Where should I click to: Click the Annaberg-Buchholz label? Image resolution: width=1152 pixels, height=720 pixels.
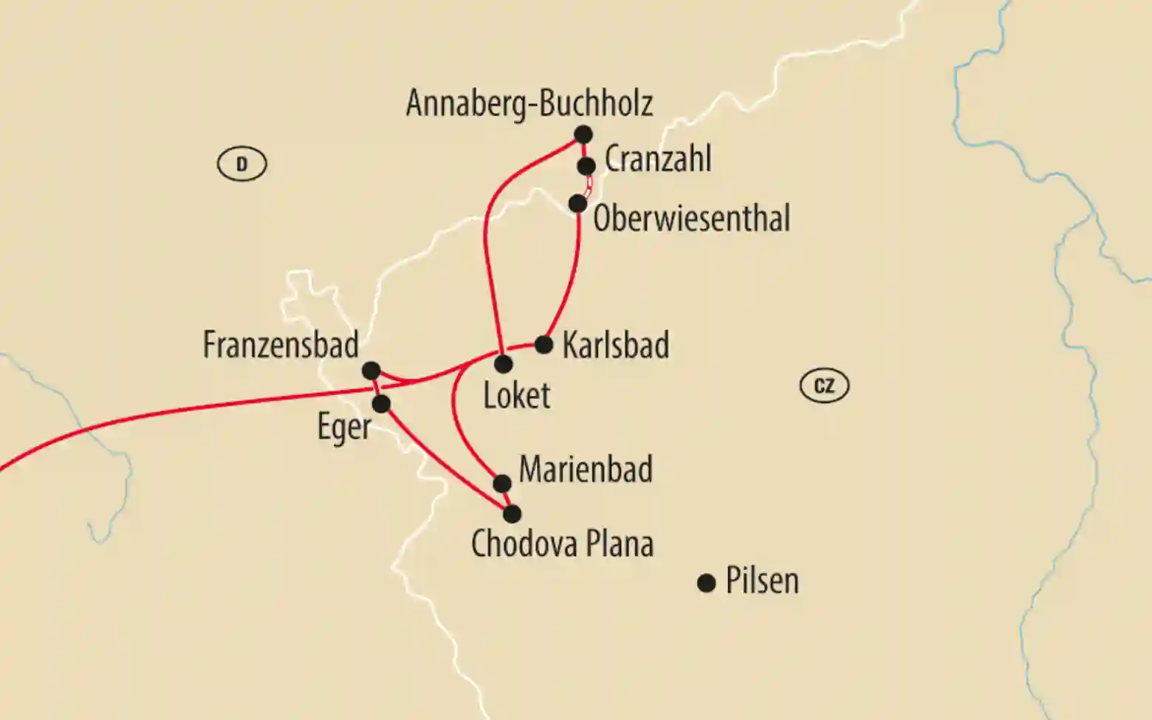coord(529,103)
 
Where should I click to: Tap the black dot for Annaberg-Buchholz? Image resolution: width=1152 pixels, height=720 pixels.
coord(583,134)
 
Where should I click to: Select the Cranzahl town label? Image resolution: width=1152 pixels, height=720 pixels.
coord(657,160)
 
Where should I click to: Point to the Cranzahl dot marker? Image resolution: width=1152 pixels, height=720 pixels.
coord(586,166)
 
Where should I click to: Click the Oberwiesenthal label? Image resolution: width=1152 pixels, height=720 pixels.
coord(691,219)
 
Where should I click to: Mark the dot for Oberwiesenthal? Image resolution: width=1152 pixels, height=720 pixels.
coord(578,203)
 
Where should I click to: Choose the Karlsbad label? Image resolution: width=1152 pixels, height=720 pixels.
coord(615,346)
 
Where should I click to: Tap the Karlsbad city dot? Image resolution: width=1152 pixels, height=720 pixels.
coord(544,345)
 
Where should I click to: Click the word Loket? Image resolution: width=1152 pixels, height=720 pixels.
coord(516,396)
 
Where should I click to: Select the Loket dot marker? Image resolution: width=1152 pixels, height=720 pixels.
coord(504,364)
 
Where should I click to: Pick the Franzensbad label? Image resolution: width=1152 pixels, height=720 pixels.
coord(281,346)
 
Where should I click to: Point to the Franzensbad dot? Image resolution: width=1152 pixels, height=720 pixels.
coord(371,370)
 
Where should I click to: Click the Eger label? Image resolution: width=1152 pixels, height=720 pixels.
coord(343,427)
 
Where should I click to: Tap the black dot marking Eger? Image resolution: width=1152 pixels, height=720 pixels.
coord(381,404)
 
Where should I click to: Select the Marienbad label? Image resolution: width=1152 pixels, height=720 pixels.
coord(586,470)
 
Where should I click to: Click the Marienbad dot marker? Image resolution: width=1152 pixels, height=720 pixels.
coord(501,484)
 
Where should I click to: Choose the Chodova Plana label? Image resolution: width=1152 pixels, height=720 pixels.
coord(562,545)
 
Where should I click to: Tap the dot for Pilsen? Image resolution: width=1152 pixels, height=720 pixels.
coord(707,583)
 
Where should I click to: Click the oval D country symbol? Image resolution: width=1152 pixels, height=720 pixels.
coord(241,164)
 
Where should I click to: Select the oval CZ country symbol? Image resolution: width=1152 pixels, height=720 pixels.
coord(824,386)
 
